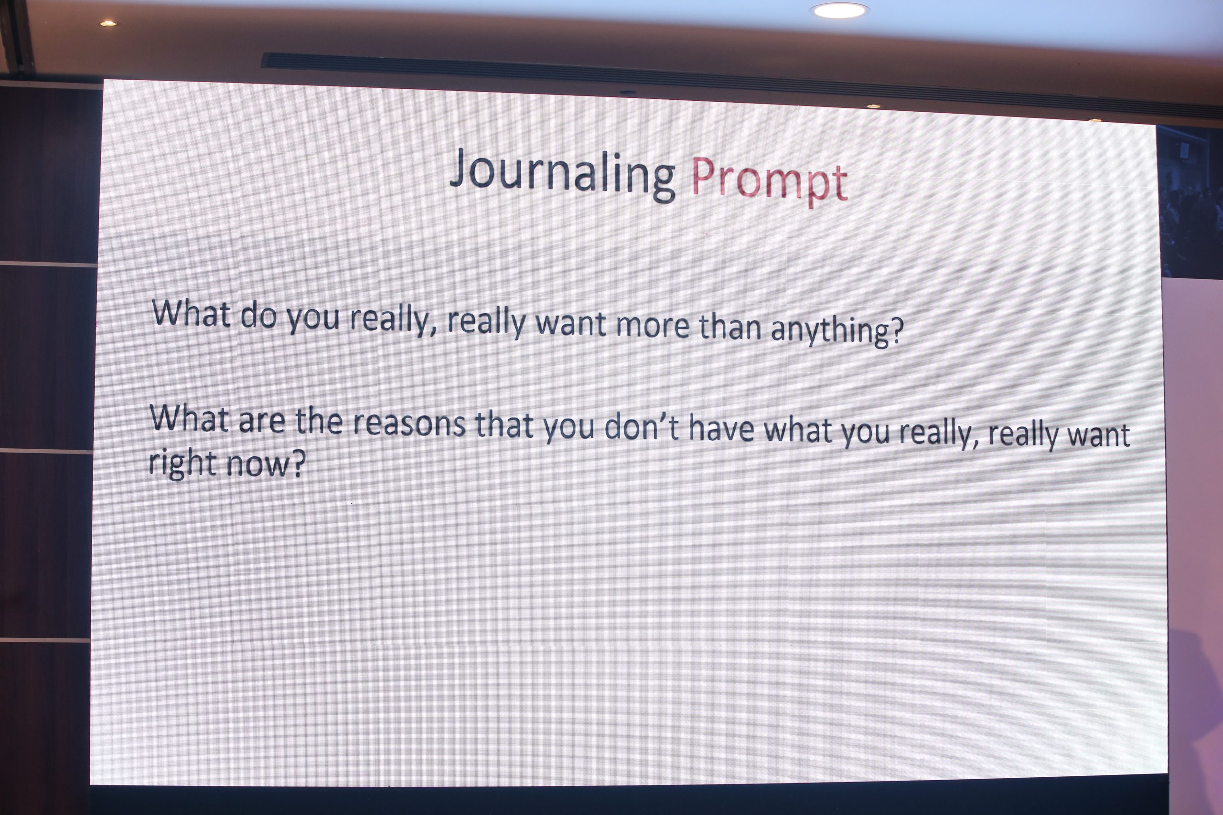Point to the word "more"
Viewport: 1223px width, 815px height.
coord(652,326)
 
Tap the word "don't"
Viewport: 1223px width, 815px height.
coord(642,427)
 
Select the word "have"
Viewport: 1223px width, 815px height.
coord(721,429)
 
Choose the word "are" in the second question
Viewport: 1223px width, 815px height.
coord(261,421)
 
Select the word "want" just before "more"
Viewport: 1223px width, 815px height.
coord(570,324)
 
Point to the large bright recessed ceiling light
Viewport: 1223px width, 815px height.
coord(839,11)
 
